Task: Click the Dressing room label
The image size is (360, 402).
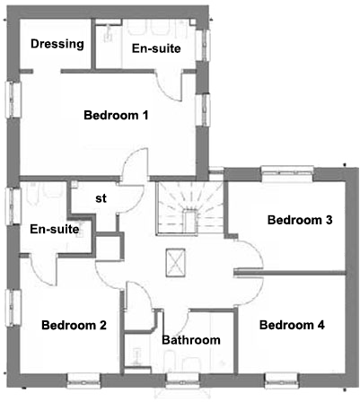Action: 57,44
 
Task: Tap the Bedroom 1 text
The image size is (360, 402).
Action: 116,115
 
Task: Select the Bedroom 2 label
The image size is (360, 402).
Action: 74,325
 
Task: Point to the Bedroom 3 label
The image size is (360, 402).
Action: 300,220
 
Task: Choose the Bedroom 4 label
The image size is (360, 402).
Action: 292,325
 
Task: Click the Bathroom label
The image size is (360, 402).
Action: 190,340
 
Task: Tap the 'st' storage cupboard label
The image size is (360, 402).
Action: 101,199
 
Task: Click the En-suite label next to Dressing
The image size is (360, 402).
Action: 156,48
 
